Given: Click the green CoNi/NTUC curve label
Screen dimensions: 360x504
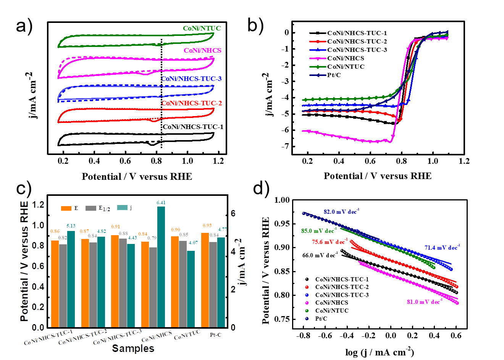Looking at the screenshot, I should point(202,28).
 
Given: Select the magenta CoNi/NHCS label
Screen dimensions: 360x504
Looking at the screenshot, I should point(202,50).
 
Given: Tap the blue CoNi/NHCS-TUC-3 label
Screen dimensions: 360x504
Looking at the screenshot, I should point(191,79).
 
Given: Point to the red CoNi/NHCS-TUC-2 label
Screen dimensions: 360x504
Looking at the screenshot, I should point(192,103).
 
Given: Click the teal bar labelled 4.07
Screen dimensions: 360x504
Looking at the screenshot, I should point(191,289).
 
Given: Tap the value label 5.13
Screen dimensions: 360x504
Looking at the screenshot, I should point(71,226).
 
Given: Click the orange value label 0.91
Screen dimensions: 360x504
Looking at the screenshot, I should point(115,226).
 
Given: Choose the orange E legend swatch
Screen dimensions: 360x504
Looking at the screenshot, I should point(66,208).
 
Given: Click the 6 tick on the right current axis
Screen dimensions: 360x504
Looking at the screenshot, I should point(233,213).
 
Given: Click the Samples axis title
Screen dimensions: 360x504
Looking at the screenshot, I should point(133,348).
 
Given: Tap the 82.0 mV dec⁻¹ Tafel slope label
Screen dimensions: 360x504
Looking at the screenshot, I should point(341,211).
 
